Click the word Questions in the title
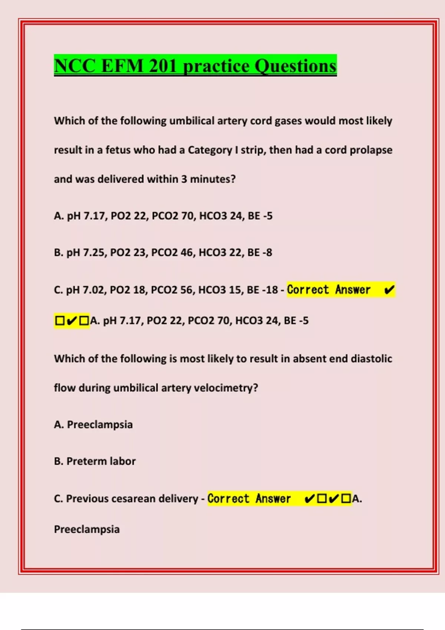(x=296, y=66)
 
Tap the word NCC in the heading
(x=75, y=66)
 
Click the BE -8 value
(x=260, y=253)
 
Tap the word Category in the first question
(x=210, y=150)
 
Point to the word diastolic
(x=371, y=359)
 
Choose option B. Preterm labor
(x=95, y=461)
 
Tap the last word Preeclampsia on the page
(x=87, y=530)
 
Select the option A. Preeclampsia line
(x=93, y=425)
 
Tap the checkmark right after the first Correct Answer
(x=389, y=290)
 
